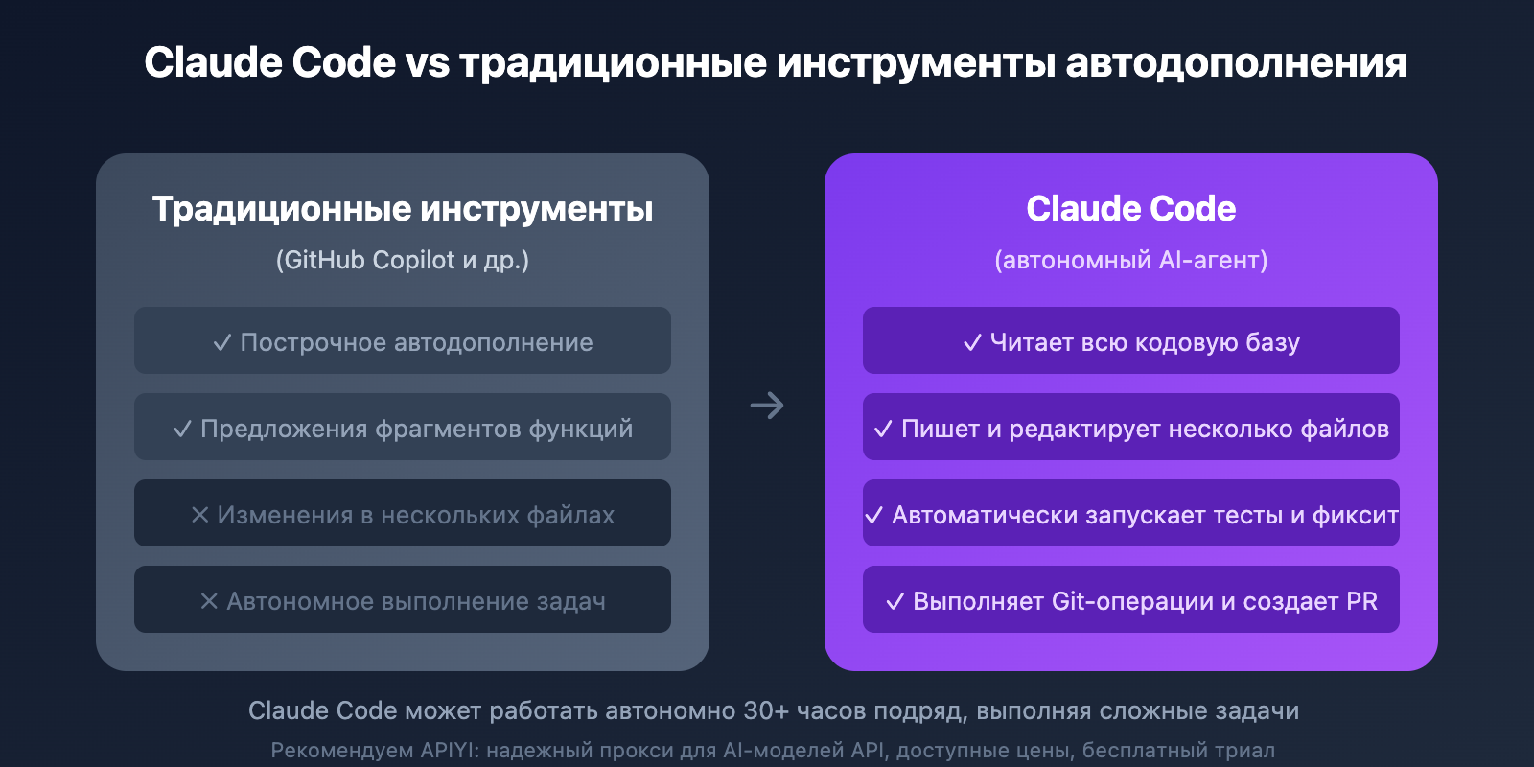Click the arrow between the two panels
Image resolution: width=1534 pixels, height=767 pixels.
click(767, 406)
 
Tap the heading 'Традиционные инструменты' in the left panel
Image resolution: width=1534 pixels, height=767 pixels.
click(403, 209)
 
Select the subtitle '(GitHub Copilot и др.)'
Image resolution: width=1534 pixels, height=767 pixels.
click(403, 260)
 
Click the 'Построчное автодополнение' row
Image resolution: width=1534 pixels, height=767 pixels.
click(403, 341)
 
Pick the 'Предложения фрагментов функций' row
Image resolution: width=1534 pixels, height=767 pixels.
click(403, 428)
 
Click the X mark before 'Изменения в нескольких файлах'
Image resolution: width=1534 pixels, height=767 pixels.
click(200, 515)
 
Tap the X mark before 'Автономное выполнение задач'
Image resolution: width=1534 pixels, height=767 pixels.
click(209, 601)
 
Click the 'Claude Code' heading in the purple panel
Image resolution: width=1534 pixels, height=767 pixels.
click(1131, 209)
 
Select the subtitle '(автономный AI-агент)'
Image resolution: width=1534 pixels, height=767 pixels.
click(1131, 260)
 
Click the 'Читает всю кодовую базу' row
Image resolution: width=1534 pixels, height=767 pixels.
click(1131, 341)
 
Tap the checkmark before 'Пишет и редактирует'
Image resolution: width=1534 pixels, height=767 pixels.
click(883, 429)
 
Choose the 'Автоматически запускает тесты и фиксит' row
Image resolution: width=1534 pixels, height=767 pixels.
click(1131, 514)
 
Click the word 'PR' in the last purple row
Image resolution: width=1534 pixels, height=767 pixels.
click(1361, 601)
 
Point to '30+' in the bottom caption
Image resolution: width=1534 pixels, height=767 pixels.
click(766, 710)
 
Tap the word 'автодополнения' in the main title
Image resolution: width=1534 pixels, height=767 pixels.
click(1236, 63)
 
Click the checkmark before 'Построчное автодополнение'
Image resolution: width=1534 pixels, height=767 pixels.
click(222, 342)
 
